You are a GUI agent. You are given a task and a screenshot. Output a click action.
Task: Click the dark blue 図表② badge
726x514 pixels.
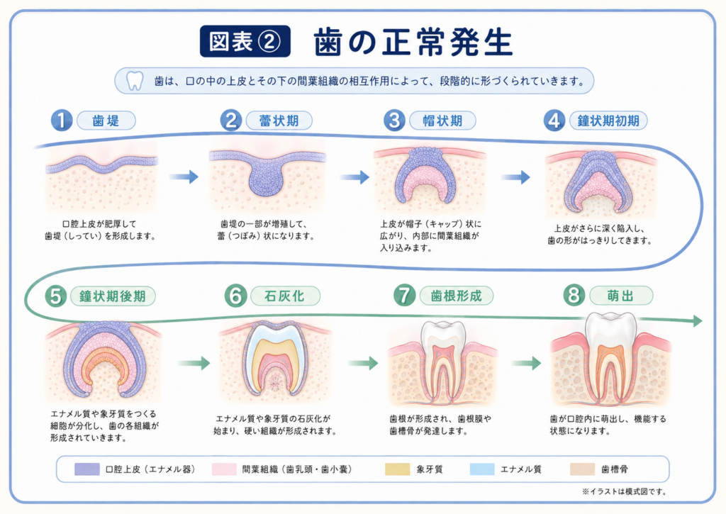pos(245,41)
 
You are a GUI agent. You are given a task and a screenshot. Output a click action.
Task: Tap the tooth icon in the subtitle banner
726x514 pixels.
pos(135,81)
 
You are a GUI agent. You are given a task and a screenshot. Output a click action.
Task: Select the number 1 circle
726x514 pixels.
pos(62,121)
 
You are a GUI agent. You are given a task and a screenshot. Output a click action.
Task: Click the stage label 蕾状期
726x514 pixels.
pos(279,121)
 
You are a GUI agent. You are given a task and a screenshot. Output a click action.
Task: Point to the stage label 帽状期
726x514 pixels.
pos(442,121)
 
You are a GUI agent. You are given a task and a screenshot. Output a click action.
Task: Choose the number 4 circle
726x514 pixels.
pos(554,121)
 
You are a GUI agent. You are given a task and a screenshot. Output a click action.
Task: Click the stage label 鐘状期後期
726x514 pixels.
pos(113,296)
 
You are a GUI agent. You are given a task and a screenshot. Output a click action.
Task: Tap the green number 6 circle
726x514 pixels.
pos(235,296)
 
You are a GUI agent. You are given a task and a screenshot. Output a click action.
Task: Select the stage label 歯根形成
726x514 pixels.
pos(456,296)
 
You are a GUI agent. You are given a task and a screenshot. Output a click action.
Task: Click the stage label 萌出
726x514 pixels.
pos(621,296)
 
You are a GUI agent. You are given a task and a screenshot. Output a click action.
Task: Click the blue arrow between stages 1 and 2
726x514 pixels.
pos(184,177)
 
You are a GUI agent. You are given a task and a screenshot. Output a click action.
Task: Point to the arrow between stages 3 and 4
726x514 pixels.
pos(515,177)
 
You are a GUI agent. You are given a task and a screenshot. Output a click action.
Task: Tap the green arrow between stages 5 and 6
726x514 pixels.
pos(194,363)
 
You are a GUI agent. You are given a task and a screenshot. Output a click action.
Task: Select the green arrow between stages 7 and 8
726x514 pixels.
pos(526,363)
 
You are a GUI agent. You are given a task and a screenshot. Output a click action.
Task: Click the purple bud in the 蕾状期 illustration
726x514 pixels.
pos(267,178)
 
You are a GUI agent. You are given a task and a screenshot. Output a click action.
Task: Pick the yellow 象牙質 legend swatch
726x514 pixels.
pos(397,469)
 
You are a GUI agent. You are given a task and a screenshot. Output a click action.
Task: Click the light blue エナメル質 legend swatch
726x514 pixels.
pos(482,469)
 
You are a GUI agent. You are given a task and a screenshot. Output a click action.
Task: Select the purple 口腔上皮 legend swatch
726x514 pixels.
pos(87,469)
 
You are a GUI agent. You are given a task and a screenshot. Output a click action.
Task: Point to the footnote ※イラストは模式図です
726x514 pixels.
pos(624,492)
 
